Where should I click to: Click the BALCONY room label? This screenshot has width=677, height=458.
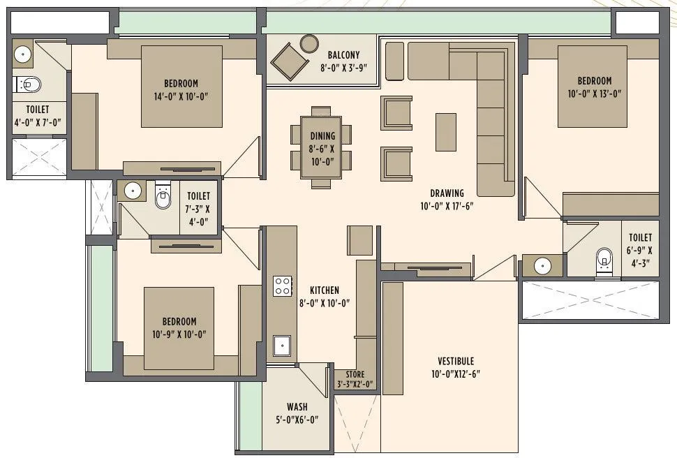(x=343, y=54)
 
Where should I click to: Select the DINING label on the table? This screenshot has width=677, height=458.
(x=322, y=136)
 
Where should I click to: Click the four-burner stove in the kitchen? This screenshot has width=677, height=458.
(x=282, y=286)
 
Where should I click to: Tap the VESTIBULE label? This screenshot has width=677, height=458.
(x=456, y=361)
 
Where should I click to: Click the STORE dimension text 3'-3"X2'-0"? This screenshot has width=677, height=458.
(x=355, y=384)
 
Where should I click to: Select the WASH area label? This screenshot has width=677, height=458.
(x=297, y=407)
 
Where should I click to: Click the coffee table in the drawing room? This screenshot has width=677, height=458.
(x=446, y=132)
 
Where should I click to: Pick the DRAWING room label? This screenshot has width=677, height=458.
(x=447, y=193)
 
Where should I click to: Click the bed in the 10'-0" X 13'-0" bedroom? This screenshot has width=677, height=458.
(x=593, y=87)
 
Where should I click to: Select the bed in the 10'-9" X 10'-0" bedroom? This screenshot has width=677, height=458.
(x=179, y=328)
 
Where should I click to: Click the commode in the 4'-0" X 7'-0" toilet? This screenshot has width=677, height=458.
(x=28, y=85)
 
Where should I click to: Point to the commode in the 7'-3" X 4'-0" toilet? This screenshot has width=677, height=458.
(x=163, y=197)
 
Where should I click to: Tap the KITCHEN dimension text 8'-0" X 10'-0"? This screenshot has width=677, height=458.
(x=324, y=303)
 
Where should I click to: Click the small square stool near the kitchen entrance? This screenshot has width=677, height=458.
(x=360, y=237)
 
